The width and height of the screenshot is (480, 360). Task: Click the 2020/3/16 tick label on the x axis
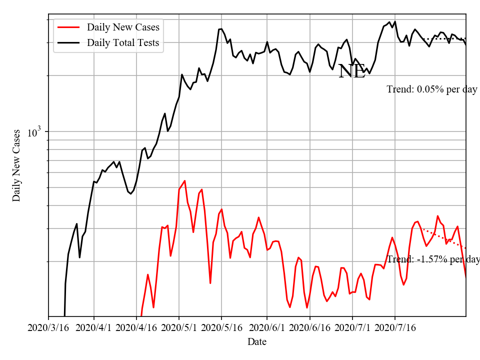pos(48,328)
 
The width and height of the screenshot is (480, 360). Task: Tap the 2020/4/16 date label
pos(136,328)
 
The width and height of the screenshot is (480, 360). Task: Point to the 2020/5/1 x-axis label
pos(179,328)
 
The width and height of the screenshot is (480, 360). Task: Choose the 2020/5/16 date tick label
pos(222,328)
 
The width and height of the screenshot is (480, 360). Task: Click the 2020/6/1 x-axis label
pos(267,328)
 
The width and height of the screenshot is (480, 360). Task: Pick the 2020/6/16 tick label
pos(310,328)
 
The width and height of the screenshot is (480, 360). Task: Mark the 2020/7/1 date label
pos(352,328)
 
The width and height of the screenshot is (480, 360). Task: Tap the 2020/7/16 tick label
pos(395,328)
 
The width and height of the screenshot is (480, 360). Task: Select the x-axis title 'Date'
pos(257,342)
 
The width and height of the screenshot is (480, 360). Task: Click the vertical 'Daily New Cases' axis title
pos(16,165)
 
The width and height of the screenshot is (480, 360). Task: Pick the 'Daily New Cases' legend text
pos(123,27)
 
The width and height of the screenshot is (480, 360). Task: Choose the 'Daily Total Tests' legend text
pos(123,42)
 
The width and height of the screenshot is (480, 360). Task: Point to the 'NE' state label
pos(352,71)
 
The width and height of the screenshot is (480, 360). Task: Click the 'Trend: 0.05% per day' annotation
pos(432,89)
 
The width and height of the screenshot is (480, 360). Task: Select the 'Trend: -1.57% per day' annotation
pos(433,259)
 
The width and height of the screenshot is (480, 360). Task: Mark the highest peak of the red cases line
pos(185,181)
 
